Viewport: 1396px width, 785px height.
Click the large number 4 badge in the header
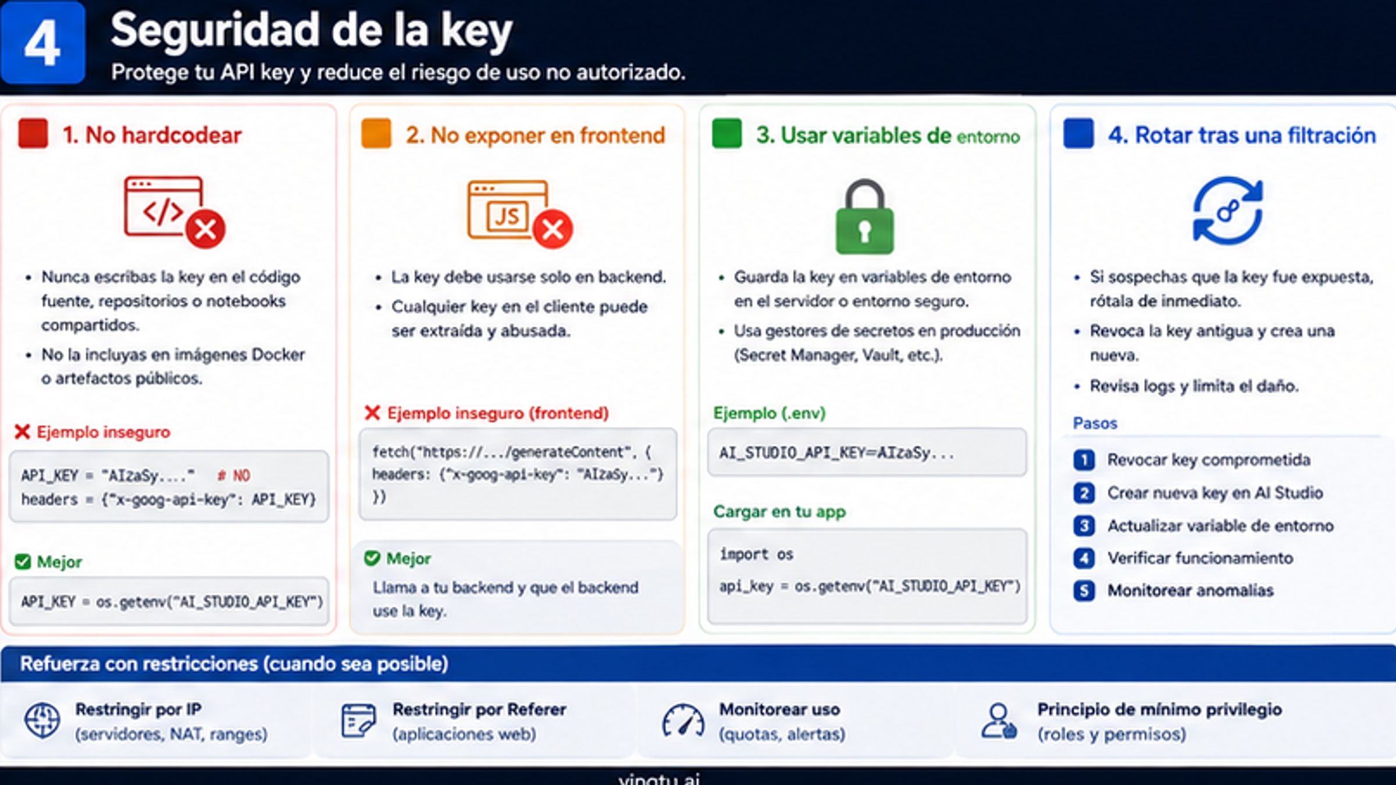[42, 42]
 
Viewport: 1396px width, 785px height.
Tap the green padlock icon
[864, 217]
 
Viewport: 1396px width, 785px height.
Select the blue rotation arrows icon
[1227, 210]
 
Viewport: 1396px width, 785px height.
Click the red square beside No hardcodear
[33, 134]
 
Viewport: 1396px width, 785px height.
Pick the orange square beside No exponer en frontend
[376, 134]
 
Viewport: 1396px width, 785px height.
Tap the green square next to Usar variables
[727, 134]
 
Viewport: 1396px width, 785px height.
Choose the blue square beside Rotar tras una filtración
[1078, 134]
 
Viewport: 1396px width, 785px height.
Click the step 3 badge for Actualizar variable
[1084, 526]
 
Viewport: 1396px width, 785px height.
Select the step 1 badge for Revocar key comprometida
[1084, 460]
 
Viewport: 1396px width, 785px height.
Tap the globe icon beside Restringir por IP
[42, 720]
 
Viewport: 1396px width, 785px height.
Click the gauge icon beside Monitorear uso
[683, 721]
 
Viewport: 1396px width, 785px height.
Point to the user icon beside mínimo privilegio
[999, 721]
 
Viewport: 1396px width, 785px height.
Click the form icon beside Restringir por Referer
[358, 721]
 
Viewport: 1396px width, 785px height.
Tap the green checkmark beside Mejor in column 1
[23, 562]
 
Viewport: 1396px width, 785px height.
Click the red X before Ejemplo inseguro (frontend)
[372, 413]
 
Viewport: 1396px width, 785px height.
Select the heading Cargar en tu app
[779, 512]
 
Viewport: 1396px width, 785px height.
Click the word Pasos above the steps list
[1095, 423]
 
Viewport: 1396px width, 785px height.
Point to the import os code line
[756, 555]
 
